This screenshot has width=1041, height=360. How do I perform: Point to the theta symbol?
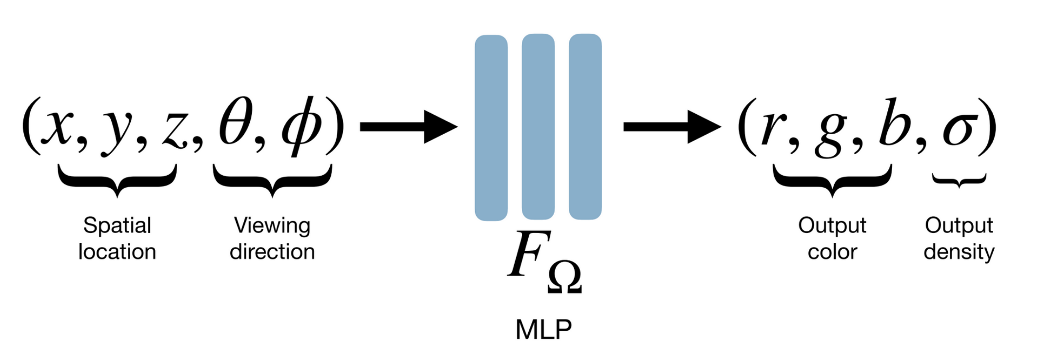click(236, 123)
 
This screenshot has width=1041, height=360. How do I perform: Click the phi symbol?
click(300, 127)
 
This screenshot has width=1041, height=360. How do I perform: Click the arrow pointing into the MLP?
click(409, 127)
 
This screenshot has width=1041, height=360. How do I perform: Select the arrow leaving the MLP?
click(672, 127)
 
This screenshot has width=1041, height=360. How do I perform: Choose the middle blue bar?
click(538, 127)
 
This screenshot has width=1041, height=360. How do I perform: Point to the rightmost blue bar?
click(585, 127)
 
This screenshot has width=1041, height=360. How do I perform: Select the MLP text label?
click(543, 330)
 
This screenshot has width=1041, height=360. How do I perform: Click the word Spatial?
click(117, 226)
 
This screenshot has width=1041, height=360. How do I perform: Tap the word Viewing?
click(272, 226)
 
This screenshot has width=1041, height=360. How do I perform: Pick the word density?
click(959, 252)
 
